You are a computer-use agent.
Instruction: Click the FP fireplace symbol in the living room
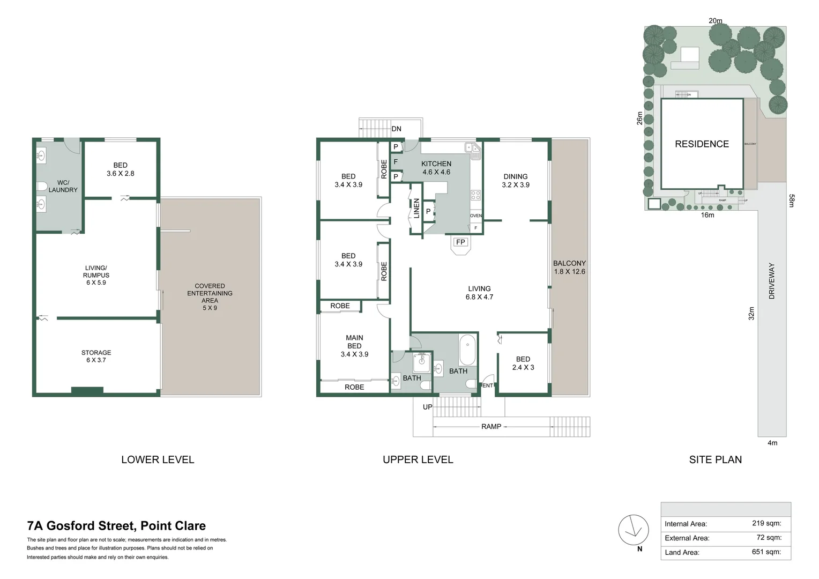tap(460, 242)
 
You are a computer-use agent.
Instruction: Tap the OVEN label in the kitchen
tap(476, 216)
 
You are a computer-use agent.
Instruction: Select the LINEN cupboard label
tap(416, 208)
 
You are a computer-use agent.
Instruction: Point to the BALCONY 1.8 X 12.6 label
tap(569, 267)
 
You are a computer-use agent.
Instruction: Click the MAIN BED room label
tap(354, 346)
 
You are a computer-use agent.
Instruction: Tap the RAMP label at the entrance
tap(491, 427)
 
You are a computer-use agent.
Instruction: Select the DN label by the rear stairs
tap(396, 129)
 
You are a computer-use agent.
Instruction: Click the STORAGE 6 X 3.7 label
tap(96, 356)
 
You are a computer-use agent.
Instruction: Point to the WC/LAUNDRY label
tap(63, 186)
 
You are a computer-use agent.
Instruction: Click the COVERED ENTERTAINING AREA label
tap(210, 297)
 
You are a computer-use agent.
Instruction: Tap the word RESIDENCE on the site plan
tap(702, 144)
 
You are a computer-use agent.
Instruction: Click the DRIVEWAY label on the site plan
tap(772, 280)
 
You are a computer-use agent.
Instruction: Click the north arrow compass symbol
tap(634, 530)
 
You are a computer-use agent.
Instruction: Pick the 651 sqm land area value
tap(766, 552)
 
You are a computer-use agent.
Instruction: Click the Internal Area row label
tap(686, 524)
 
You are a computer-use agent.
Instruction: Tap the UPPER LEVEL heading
tap(418, 459)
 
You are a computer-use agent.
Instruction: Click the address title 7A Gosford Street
tap(116, 526)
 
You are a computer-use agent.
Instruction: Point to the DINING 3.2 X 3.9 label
tap(516, 180)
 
